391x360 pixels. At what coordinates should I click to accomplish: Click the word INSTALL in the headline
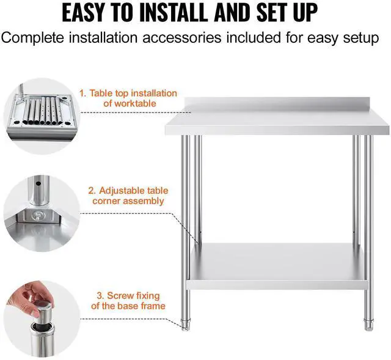pyautogui.click(x=174, y=12)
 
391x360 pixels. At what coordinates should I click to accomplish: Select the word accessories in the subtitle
pyautogui.click(x=182, y=38)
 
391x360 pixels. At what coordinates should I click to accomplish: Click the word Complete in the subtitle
pyautogui.click(x=32, y=38)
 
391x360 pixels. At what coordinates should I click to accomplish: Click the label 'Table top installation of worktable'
pyautogui.click(x=128, y=98)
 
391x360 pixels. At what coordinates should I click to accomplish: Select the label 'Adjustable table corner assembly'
pyautogui.click(x=128, y=196)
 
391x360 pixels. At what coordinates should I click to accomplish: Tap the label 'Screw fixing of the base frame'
pyautogui.click(x=128, y=301)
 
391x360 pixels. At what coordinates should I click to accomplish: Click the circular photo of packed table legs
pyautogui.click(x=41, y=117)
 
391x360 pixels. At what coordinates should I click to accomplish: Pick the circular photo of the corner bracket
pyautogui.click(x=41, y=213)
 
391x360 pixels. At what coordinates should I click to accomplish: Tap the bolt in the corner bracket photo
pyautogui.click(x=38, y=215)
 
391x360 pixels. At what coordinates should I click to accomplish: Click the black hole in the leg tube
pyautogui.click(x=38, y=183)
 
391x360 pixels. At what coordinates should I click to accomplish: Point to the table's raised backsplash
pyautogui.click(x=286, y=105)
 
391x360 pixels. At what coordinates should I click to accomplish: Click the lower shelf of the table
pyautogui.click(x=277, y=266)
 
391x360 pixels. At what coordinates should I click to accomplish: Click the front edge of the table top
pyautogui.click(x=277, y=130)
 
